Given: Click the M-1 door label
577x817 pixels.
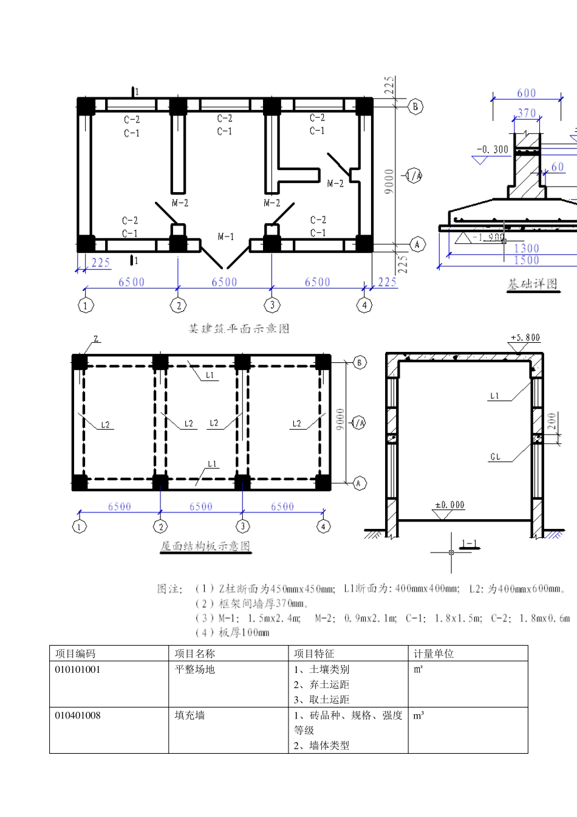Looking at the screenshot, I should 225,236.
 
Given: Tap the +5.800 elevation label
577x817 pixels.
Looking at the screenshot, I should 525,337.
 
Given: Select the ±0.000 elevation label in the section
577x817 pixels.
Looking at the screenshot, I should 449,505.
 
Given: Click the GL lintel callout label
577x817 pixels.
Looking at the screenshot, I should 496,457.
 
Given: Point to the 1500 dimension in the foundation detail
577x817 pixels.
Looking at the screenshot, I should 526,260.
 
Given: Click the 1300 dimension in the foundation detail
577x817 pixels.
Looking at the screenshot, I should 526,248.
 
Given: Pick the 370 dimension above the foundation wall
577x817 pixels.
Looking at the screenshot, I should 527,113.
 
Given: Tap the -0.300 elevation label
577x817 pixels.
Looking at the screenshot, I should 493,150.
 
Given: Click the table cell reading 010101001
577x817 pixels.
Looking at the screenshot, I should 78,669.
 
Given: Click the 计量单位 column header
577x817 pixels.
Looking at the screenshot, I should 434,653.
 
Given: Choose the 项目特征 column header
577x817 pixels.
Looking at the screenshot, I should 314,653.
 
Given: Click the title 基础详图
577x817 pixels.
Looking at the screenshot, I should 532,284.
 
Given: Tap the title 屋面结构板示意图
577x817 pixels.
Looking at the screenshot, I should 205,546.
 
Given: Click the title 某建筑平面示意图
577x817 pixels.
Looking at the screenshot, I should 239,329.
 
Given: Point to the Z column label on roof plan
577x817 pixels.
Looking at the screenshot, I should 95,339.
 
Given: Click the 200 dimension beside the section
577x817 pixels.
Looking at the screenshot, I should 551,421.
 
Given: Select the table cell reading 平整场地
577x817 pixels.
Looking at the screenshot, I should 194,669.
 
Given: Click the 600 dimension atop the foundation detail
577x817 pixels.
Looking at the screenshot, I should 527,93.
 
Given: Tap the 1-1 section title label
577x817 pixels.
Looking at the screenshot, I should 469,544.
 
